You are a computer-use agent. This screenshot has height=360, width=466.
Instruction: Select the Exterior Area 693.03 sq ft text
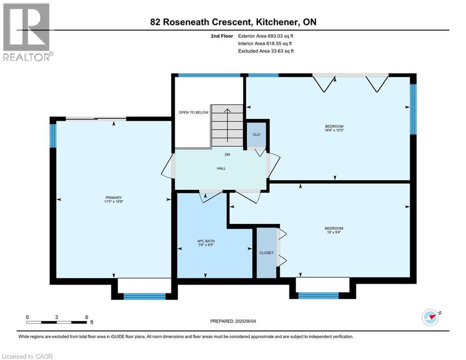[266, 36]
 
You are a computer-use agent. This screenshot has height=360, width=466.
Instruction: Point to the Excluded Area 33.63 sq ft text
[266, 51]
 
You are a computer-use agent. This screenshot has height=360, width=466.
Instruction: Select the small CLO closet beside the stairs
[256, 135]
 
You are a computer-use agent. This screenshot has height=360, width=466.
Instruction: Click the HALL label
[221, 168]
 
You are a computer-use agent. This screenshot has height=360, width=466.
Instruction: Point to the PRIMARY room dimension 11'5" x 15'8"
[113, 202]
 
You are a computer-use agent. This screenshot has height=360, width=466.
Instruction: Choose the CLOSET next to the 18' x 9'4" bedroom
[266, 253]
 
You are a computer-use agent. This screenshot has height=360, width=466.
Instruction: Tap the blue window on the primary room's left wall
[53, 135]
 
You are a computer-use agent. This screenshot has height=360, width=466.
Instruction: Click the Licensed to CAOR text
[27, 356]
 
